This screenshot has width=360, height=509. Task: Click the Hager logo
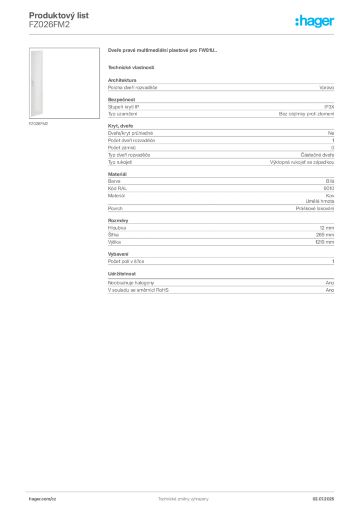click(x=314, y=21)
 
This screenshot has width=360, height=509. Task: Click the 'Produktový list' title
click(x=59, y=15)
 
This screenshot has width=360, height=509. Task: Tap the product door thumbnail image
click(x=64, y=83)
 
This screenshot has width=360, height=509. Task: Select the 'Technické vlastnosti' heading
click(x=131, y=68)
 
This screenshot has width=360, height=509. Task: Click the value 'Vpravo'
click(x=327, y=87)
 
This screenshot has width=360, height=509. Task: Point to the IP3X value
click(x=329, y=107)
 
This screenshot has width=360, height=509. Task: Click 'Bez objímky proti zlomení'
click(x=306, y=114)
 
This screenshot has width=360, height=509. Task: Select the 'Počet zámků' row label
click(x=122, y=148)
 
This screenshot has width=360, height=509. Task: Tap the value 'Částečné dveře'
click(x=317, y=155)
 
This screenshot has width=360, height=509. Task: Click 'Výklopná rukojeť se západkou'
click(x=302, y=162)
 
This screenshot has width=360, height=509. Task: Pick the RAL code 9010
click(x=329, y=188)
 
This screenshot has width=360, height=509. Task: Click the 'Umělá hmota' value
click(x=320, y=201)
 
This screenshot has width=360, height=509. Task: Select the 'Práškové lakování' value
click(x=315, y=208)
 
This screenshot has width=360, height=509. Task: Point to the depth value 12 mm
click(x=327, y=228)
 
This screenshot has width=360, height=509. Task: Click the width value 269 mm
click(x=325, y=235)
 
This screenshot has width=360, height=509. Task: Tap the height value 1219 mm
click(x=325, y=242)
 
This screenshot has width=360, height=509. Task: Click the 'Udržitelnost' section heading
click(x=122, y=274)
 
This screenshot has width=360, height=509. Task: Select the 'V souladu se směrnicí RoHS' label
click(x=138, y=290)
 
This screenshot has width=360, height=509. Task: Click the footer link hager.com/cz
click(x=43, y=499)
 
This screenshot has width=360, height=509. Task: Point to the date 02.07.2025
click(x=323, y=499)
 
